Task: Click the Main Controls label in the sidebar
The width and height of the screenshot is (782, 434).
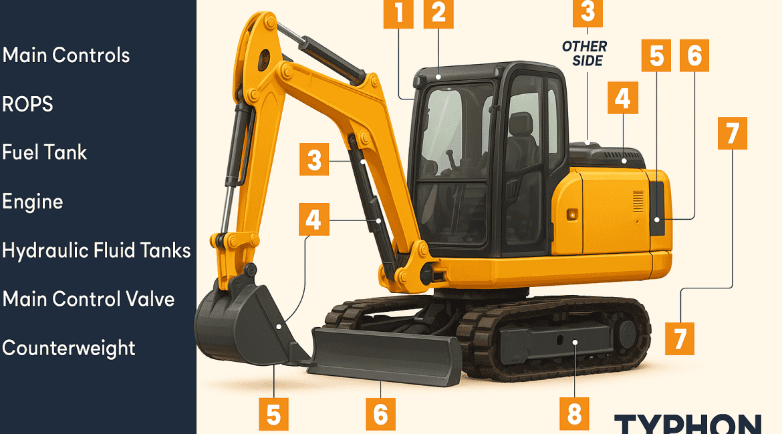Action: [66, 55]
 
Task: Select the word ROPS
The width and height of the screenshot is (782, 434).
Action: [27, 104]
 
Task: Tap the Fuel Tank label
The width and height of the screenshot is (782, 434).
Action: [44, 152]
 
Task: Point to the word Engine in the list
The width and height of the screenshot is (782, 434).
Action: [33, 202]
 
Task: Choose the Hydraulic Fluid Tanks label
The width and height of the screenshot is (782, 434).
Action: [96, 250]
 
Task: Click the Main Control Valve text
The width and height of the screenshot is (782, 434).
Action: [88, 299]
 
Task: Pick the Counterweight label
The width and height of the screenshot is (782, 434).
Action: [68, 349]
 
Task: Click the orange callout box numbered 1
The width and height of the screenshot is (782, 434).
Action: [398, 13]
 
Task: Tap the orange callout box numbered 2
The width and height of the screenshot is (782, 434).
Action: [438, 13]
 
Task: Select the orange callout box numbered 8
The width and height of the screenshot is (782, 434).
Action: [574, 413]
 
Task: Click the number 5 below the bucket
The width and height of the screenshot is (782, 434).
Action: [273, 413]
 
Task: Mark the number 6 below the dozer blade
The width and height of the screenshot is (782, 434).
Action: [380, 413]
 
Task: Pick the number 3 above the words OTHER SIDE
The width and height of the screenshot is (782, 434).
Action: [588, 13]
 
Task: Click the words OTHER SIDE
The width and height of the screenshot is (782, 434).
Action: [585, 54]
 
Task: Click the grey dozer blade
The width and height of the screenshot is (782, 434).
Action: [385, 355]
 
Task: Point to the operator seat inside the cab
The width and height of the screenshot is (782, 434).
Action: [520, 137]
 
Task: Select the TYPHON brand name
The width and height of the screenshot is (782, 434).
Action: [688, 424]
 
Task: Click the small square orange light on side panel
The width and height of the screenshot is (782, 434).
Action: [571, 214]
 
